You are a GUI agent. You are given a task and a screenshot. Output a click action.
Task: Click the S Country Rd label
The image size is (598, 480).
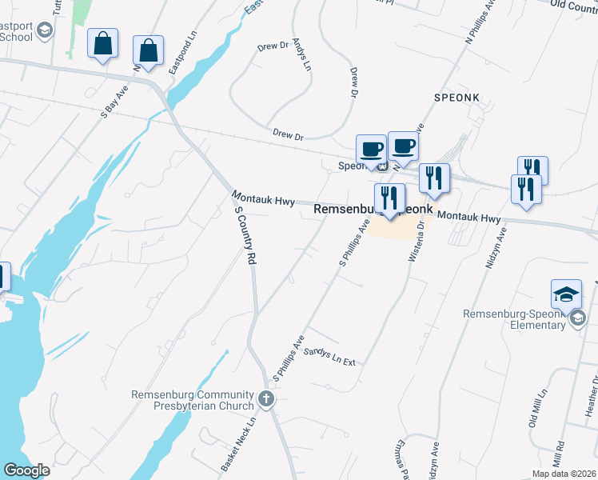[245, 235]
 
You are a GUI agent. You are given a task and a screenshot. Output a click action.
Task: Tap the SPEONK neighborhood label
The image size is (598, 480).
[456, 98]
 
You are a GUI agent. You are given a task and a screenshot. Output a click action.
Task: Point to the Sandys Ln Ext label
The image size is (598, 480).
[330, 356]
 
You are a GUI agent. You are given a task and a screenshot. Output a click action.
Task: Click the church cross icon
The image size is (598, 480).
[267, 398]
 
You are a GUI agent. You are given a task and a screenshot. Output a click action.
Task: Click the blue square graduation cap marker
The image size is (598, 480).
[566, 294]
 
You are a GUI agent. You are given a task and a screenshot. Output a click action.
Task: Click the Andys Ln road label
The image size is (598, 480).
[301, 54]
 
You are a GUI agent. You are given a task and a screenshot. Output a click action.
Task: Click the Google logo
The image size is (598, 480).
[26, 470]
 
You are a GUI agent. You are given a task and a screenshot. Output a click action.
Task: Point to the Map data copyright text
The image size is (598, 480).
[564, 474]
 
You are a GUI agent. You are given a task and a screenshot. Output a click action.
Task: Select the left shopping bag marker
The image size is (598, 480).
[103, 45]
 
